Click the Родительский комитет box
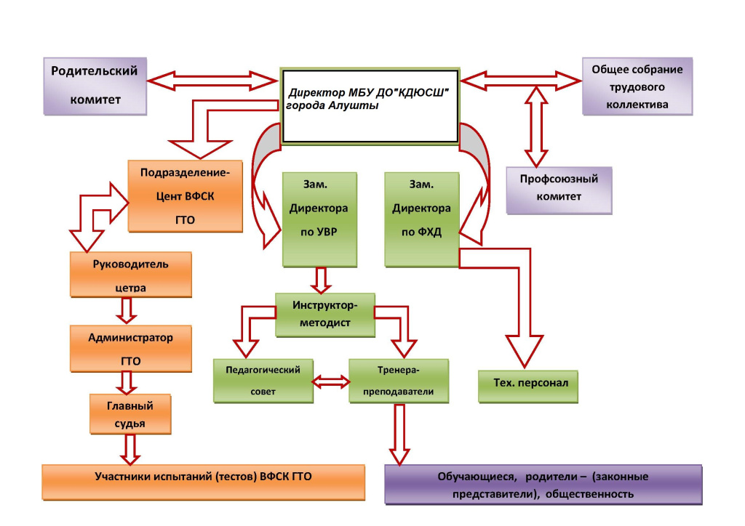[95, 86]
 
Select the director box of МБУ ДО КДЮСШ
[370, 105]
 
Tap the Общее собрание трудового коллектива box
[637, 86]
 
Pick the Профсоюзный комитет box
[559, 189]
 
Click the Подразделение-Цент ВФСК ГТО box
[185, 195]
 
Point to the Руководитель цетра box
[131, 274]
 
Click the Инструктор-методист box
[325, 313]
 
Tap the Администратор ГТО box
[131, 348]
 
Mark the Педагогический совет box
[262, 380]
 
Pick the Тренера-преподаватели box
[399, 380]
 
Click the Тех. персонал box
[527, 385]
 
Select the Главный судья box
[131, 413]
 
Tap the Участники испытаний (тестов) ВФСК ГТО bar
[203, 482]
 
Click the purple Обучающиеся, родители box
[543, 485]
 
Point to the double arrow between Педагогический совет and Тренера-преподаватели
[330, 381]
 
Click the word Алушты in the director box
[355, 106]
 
